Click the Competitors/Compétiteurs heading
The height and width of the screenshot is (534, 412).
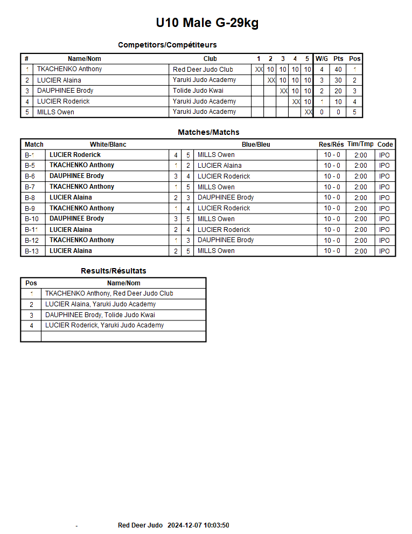(x=167, y=45)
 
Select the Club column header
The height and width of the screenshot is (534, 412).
(x=210, y=59)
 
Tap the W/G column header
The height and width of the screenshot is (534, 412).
(x=322, y=59)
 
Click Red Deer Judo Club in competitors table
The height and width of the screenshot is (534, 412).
(x=202, y=70)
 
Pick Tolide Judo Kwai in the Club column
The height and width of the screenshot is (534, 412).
(x=198, y=91)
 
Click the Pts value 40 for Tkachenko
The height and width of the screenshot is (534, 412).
(x=338, y=70)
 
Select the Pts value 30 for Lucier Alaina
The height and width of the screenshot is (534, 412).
(x=338, y=80)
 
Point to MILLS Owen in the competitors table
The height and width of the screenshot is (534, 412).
(x=55, y=112)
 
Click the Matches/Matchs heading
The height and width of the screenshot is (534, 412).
(x=208, y=132)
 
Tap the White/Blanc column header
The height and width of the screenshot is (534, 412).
(x=108, y=145)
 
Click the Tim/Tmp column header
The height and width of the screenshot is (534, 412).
(x=360, y=145)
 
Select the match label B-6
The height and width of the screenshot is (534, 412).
(x=30, y=176)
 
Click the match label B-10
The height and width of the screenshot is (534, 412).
(x=32, y=219)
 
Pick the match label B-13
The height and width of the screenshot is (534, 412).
(x=32, y=251)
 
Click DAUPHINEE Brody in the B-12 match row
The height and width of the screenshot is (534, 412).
(x=226, y=240)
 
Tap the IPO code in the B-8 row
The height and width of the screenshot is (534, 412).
(x=385, y=197)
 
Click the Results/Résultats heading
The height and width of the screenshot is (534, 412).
(x=113, y=271)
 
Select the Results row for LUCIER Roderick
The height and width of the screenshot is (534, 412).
(x=104, y=325)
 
